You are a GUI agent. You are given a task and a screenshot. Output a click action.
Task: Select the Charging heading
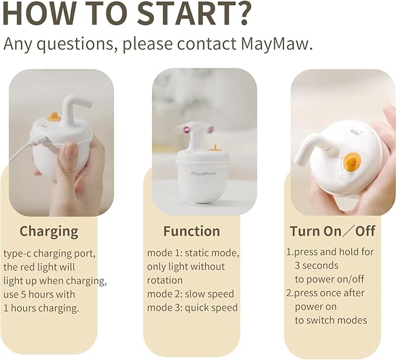click(x=49, y=231)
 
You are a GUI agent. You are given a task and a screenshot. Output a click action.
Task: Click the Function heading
click(x=191, y=231)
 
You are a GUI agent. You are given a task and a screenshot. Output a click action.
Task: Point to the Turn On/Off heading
click(x=333, y=231)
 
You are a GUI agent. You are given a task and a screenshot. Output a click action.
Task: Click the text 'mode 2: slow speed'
click(x=190, y=293)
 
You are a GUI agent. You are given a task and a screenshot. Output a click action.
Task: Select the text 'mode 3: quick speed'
click(x=192, y=307)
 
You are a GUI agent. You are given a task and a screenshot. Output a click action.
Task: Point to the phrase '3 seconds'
click(x=316, y=266)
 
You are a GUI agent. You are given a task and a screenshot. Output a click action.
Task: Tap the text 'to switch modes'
click(x=330, y=320)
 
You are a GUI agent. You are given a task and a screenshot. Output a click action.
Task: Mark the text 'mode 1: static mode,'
click(x=192, y=252)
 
